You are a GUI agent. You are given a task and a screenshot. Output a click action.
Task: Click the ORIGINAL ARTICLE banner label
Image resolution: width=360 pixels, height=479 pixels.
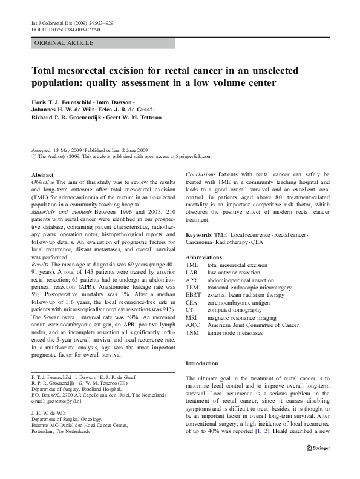(64, 42)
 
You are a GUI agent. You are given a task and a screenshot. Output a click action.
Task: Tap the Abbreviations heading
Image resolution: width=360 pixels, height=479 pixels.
(207, 257)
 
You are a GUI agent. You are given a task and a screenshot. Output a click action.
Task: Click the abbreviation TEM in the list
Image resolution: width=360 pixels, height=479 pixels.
(192, 289)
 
